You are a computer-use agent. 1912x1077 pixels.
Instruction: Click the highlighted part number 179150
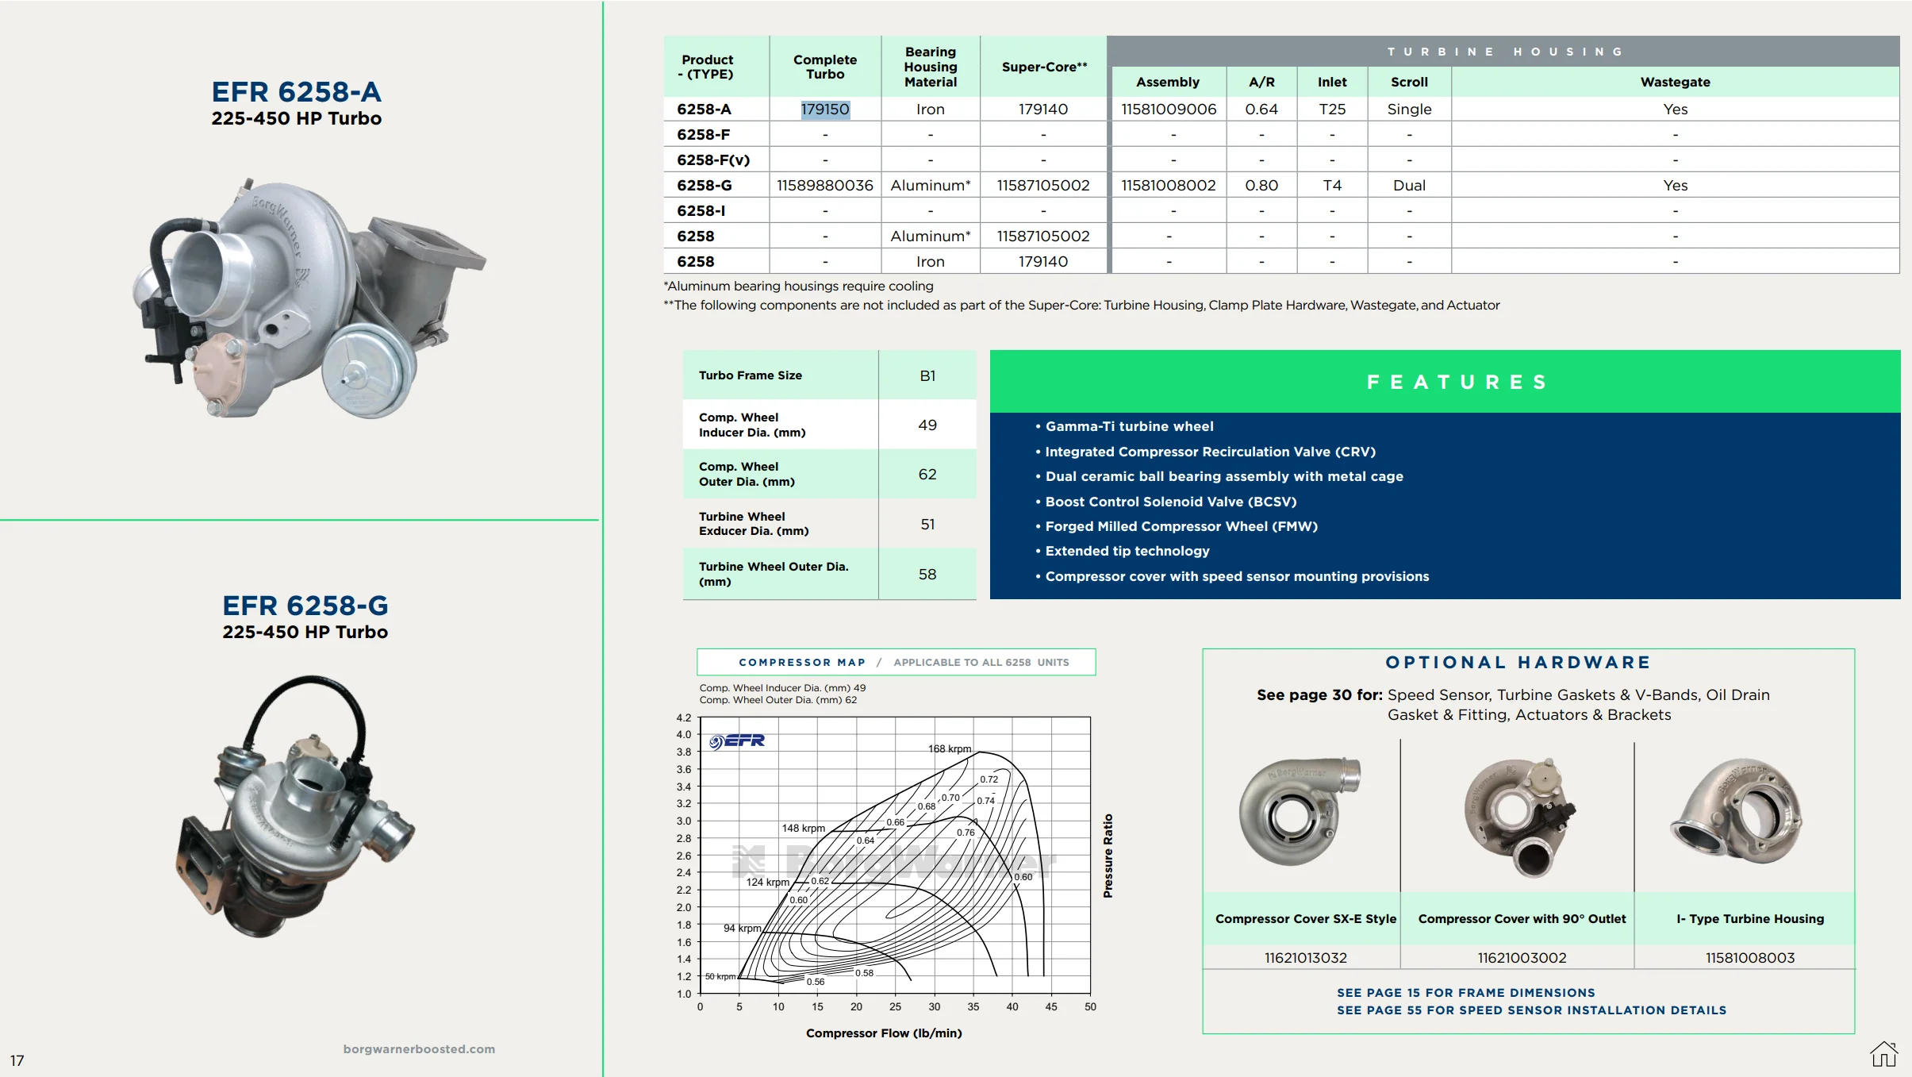tap(825, 109)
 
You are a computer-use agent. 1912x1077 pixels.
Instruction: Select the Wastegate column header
tap(1675, 82)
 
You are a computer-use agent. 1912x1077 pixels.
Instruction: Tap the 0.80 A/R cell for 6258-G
tap(1261, 185)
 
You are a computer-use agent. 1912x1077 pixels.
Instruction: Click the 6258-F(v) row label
tap(713, 160)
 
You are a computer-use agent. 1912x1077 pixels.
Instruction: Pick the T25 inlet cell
tap(1332, 109)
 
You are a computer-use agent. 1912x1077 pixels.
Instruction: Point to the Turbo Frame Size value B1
tap(927, 375)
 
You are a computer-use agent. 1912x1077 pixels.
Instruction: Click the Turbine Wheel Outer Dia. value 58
tap(927, 574)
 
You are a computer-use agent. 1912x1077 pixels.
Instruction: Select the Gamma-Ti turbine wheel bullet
tap(1124, 426)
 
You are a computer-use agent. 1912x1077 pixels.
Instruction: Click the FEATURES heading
tap(1457, 382)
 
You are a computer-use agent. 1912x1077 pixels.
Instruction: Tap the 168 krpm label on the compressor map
tap(950, 748)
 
